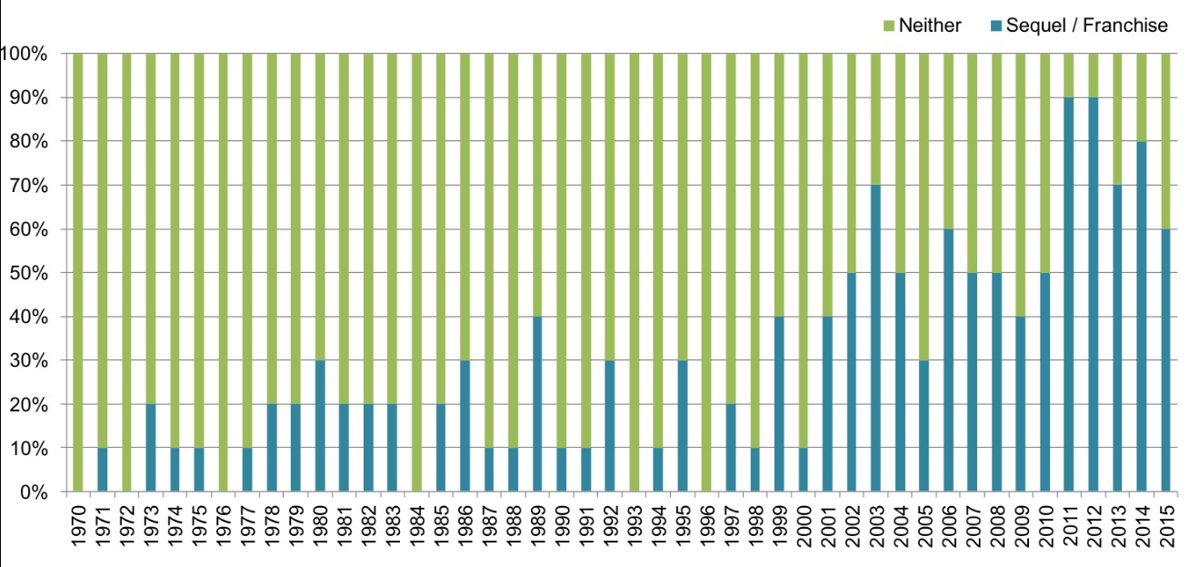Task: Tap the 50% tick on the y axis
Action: click(29, 273)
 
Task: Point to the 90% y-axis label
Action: click(29, 97)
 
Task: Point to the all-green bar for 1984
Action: click(416, 273)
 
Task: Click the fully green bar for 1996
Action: click(706, 273)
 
